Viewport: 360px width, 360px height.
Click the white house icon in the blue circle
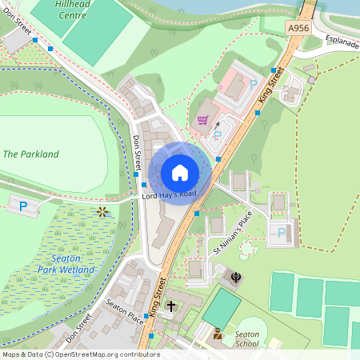(180, 172)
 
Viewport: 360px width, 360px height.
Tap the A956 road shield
(298, 28)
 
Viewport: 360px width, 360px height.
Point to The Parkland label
(31, 154)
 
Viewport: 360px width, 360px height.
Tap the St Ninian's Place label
(233, 232)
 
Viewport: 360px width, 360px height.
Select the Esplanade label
(342, 40)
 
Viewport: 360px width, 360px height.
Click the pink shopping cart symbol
(203, 121)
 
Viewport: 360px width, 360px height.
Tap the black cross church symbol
(171, 306)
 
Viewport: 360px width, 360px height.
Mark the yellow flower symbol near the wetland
(102, 212)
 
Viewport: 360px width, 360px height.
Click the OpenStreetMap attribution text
(80, 354)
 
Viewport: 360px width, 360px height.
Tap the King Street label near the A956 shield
(272, 86)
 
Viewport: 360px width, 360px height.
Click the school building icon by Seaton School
(218, 332)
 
